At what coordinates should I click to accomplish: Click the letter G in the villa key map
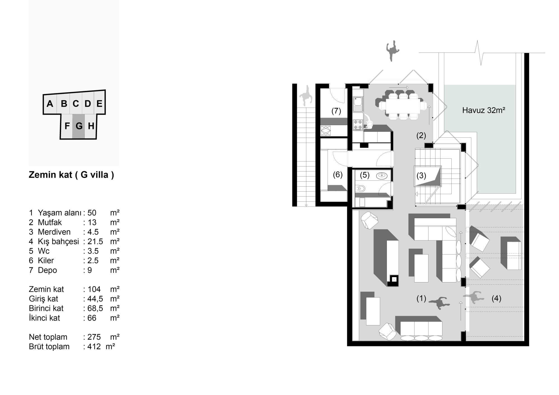[79, 126]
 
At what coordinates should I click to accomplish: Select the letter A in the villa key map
[50, 104]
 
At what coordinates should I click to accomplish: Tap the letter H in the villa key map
[91, 126]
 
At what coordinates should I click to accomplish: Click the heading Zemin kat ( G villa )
[71, 175]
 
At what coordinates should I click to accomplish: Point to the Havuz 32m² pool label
[484, 110]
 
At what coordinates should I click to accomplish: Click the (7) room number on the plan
[336, 111]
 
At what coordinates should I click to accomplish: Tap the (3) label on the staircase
[421, 175]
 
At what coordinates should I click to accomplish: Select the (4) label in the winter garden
[496, 298]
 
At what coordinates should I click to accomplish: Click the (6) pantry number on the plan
[338, 175]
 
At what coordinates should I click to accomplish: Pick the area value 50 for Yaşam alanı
[92, 213]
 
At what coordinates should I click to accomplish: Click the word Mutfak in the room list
[50, 222]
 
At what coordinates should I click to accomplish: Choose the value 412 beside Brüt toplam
[94, 346]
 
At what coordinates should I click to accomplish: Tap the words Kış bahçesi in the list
[58, 241]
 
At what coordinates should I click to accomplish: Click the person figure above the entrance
[393, 51]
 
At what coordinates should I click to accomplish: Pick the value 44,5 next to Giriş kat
[95, 299]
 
